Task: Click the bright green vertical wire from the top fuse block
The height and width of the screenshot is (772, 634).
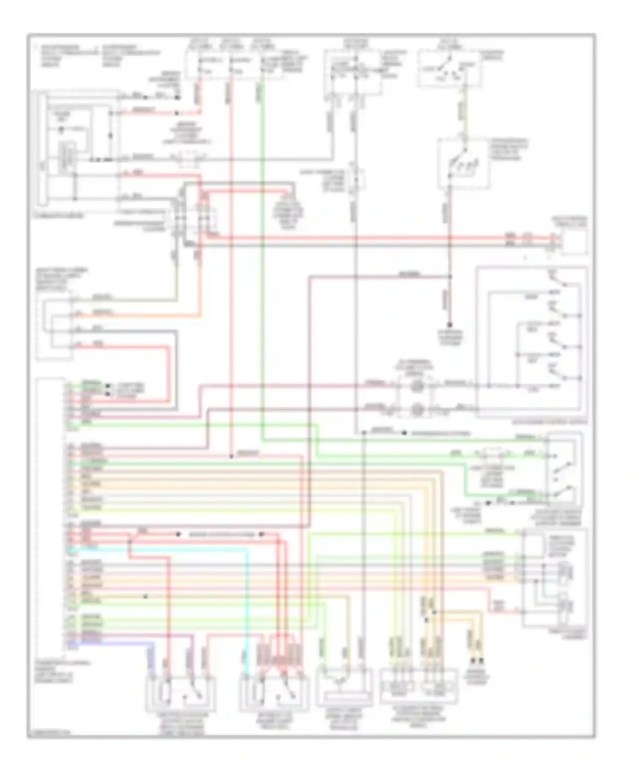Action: point(262,253)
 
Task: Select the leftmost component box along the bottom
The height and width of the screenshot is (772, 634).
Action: point(180,694)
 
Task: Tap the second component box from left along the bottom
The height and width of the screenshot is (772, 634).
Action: point(274,694)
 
